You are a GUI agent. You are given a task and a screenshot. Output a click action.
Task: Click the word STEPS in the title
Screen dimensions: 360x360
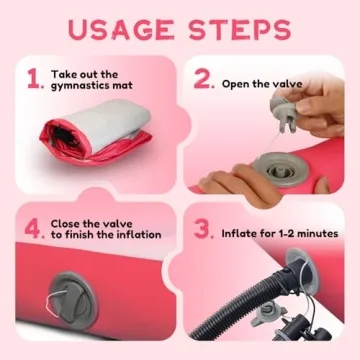[x=240, y=29]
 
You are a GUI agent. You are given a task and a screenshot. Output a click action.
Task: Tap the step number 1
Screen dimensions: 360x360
[x=34, y=80]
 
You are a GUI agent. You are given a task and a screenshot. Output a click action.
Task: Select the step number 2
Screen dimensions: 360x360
[x=203, y=80]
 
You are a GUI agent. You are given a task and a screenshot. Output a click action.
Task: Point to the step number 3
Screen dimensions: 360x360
[x=203, y=229]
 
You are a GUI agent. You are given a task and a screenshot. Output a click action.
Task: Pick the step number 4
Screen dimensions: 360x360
[x=34, y=229]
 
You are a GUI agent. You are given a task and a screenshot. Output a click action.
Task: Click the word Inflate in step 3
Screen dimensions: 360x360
[x=239, y=233]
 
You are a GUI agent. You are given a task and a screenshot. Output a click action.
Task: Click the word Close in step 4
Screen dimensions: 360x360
[x=66, y=224]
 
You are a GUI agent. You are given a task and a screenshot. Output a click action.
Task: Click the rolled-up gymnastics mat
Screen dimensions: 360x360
[x=96, y=132]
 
